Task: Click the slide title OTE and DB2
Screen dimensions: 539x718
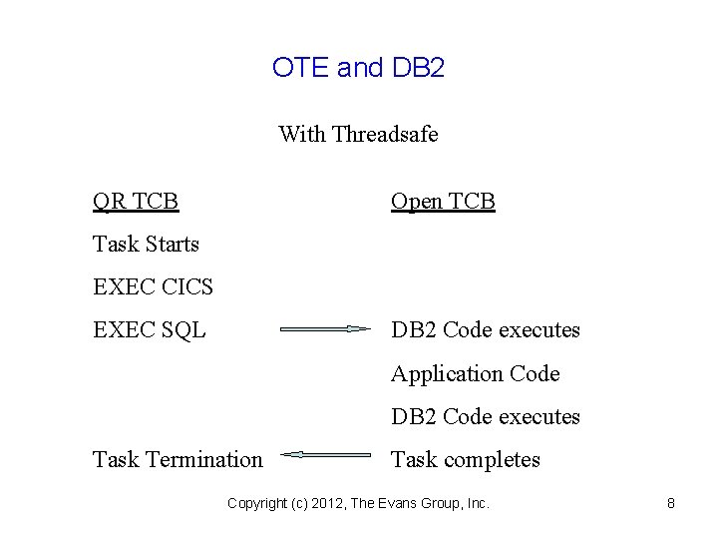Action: pos(358,68)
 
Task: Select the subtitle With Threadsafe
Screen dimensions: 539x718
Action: pos(358,134)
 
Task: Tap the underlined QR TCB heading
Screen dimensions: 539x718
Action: pos(136,202)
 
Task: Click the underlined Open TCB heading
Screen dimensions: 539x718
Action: pos(443,202)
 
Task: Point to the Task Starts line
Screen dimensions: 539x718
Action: pos(146,245)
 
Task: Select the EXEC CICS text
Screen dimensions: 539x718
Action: pos(153,287)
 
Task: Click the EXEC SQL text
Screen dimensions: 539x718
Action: pos(150,330)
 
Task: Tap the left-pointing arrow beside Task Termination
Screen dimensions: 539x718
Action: pos(325,454)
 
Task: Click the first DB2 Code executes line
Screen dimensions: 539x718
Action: pos(485,330)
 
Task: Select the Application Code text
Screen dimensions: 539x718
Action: pos(475,374)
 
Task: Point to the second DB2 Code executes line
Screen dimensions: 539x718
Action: pos(485,417)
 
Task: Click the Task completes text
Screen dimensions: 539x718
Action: pos(465,460)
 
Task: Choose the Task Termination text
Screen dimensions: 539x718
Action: pos(178,460)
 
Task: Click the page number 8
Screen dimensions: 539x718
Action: pos(671,504)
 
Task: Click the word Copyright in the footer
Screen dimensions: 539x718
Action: pos(258,504)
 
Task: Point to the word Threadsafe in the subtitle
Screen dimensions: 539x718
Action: pos(385,134)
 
